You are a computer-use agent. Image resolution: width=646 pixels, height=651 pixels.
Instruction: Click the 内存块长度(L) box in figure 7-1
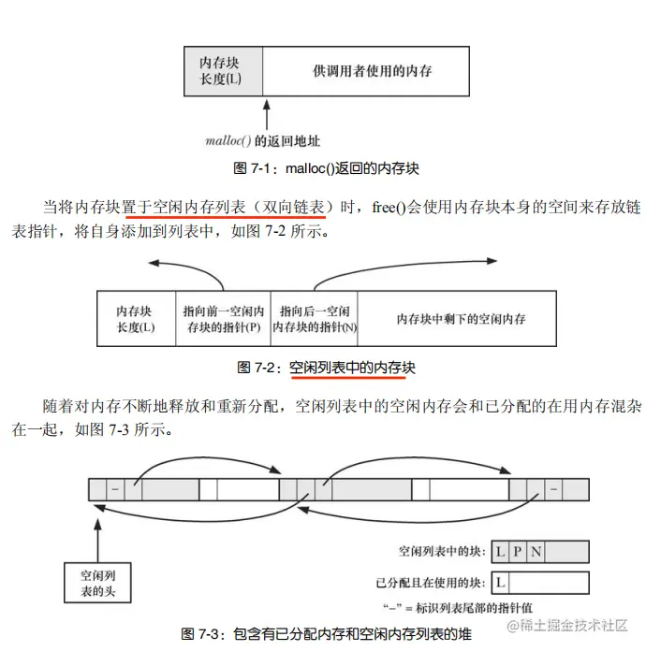pos(221,70)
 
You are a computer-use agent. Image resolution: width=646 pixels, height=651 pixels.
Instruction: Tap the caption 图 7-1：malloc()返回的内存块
pos(327,169)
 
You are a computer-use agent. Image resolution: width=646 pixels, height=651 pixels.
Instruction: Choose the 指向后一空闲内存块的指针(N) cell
pos(314,318)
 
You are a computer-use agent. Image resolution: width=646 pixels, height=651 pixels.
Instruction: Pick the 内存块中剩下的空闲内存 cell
pos(461,318)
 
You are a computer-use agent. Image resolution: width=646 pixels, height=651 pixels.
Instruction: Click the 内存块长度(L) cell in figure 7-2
pos(135,318)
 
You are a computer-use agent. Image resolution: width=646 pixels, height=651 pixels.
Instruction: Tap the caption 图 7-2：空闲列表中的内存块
pos(327,368)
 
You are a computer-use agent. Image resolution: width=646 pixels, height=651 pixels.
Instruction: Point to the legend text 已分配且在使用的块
pos(429,583)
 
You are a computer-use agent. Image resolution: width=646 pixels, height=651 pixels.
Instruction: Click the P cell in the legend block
pos(518,552)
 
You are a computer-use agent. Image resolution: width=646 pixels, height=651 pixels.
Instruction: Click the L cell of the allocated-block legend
pos(501,583)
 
